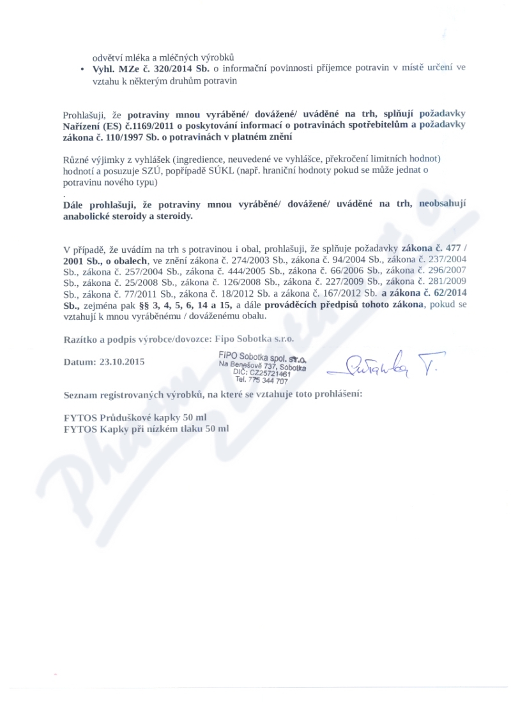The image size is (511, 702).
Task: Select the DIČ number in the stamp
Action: click(271, 373)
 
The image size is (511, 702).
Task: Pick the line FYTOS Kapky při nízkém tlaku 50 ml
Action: click(146, 429)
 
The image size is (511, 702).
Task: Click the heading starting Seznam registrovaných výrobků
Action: click(213, 394)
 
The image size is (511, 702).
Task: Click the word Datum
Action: click(79, 361)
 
